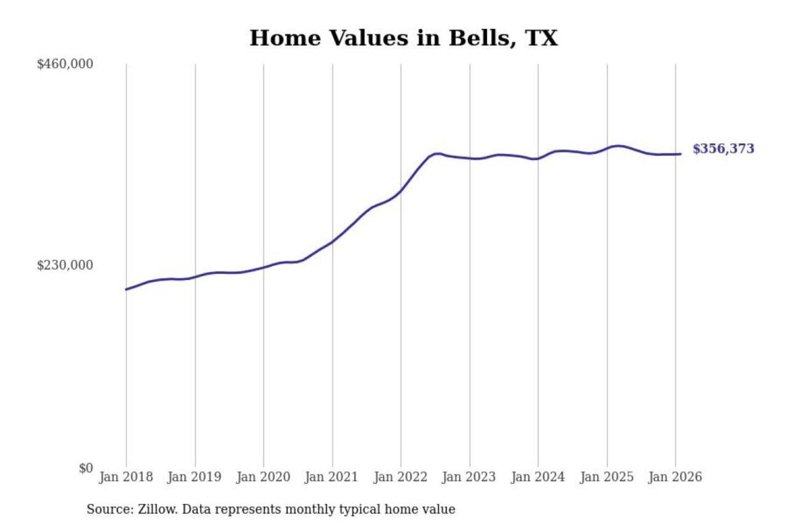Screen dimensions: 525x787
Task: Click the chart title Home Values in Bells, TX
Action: tap(403, 38)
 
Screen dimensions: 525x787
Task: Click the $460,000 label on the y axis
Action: tap(65, 64)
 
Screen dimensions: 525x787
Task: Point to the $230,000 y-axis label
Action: tap(65, 265)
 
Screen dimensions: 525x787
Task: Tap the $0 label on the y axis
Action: tap(86, 468)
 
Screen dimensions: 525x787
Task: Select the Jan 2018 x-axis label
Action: tap(126, 477)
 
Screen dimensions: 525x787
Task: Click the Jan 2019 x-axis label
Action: tap(195, 477)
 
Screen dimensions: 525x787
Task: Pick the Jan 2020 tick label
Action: tap(263, 477)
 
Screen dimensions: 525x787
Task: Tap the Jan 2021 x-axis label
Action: tap(331, 477)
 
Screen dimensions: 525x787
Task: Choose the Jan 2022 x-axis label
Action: tap(400, 477)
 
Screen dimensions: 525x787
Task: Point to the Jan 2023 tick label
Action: tap(469, 477)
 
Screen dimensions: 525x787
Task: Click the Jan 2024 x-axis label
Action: tap(537, 477)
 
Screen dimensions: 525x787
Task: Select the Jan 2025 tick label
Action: tap(607, 477)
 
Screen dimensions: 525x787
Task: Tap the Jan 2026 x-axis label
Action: tap(675, 477)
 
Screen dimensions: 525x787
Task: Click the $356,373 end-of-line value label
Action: tap(723, 149)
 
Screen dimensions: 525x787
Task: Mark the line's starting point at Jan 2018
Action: tap(126, 289)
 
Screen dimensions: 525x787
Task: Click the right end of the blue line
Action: tap(680, 154)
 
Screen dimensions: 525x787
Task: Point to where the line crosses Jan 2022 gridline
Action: tap(401, 191)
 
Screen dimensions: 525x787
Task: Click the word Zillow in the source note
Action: tap(157, 510)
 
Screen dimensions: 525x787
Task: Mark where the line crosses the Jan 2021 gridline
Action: tap(332, 241)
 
